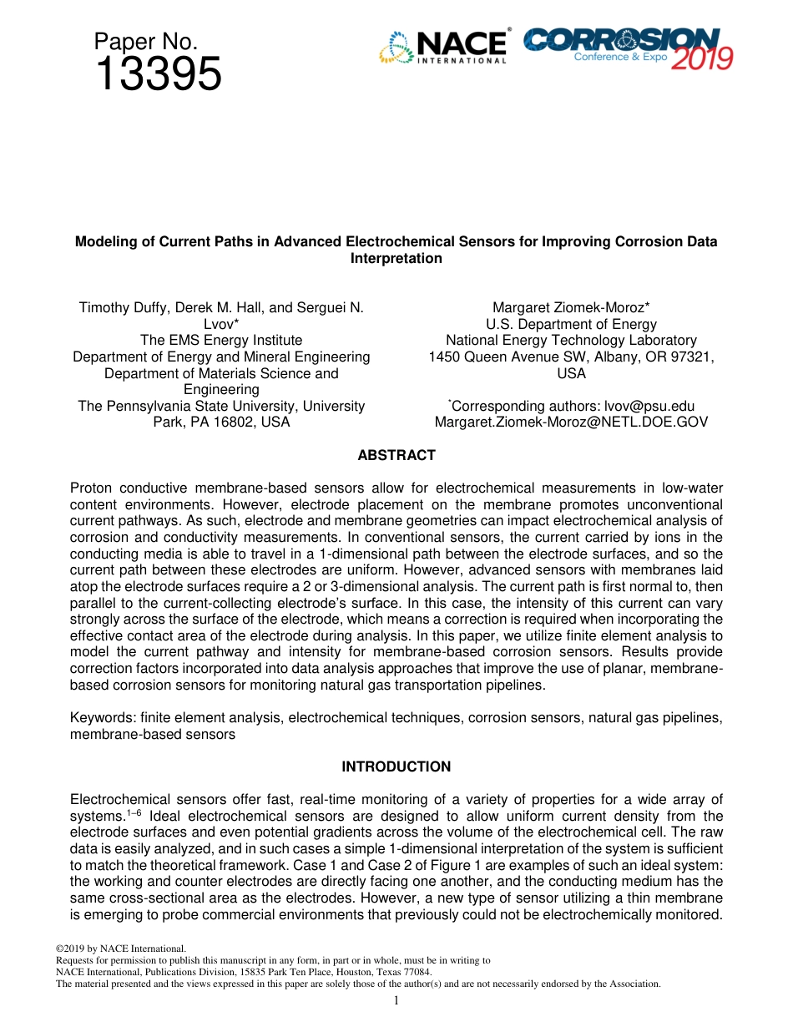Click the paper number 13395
158,75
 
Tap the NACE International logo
443,48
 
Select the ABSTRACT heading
396,455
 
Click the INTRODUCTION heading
396,766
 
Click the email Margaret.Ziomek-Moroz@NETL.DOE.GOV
571,422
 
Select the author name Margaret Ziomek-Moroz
571,307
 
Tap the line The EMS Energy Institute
221,340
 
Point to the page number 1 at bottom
396,1000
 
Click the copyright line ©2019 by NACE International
120,949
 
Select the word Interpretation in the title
396,258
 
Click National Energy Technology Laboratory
571,340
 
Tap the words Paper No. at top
145,41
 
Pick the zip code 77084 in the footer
416,972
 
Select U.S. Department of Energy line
571,324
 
